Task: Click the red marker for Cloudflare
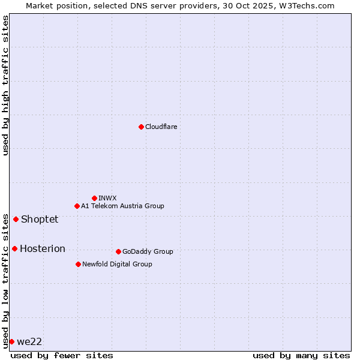point(141,127)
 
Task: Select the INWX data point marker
point(94,198)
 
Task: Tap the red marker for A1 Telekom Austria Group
point(77,206)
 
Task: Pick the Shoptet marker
point(16,219)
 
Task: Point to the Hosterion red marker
point(14,248)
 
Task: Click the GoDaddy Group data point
point(118,251)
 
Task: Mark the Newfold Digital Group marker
point(78,264)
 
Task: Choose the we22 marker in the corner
point(11,341)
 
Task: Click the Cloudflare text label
point(161,127)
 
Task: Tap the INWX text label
point(107,198)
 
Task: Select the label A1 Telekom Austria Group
point(122,206)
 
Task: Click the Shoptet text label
point(40,219)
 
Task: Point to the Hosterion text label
point(43,248)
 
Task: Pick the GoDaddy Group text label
point(148,251)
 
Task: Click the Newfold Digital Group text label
point(117,264)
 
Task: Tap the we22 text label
point(29,341)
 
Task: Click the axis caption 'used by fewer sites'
point(62,355)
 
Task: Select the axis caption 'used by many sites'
point(301,355)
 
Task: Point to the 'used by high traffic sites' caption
point(5,85)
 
